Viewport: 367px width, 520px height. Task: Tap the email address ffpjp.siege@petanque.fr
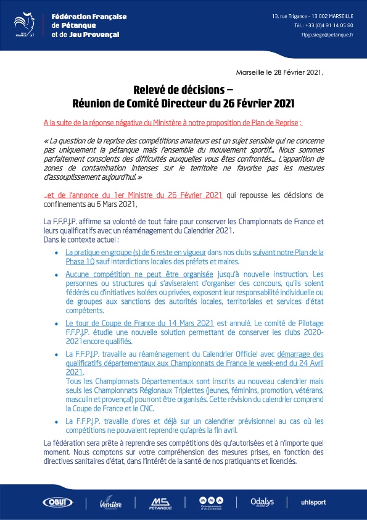(x=324, y=35)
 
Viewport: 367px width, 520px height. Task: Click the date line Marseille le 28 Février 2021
(x=279, y=72)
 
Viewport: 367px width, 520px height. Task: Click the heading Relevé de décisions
(x=183, y=90)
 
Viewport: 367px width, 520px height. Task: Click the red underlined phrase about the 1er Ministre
(x=133, y=195)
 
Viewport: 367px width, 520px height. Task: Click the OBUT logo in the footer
(x=57, y=501)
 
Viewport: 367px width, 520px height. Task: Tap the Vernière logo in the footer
(x=111, y=503)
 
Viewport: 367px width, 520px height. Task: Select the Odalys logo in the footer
(x=262, y=501)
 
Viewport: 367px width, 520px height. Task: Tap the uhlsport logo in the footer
(x=313, y=502)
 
